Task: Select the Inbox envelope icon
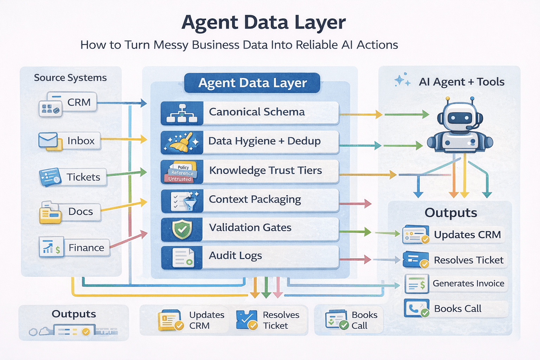click(48, 140)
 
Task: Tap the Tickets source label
click(83, 177)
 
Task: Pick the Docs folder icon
click(50, 212)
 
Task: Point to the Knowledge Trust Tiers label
click(265, 171)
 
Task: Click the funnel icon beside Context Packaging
click(190, 201)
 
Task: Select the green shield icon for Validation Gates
click(182, 229)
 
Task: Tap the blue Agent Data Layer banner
click(252, 83)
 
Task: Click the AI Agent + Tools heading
click(461, 82)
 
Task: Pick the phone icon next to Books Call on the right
click(415, 308)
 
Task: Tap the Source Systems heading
click(70, 78)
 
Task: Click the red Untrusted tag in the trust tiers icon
click(180, 179)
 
